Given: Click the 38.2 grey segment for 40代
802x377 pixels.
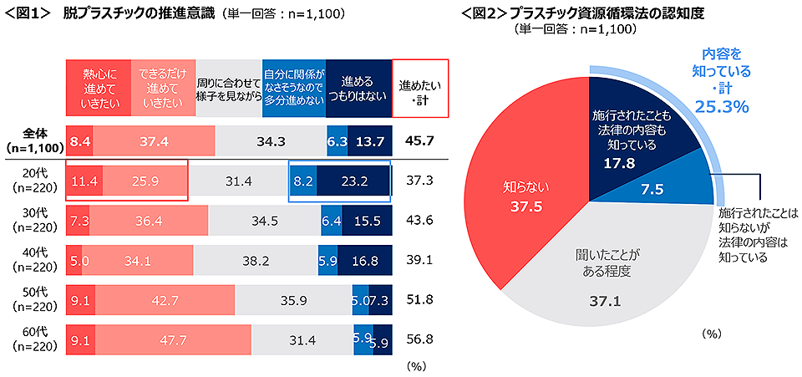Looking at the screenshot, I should coord(256,260).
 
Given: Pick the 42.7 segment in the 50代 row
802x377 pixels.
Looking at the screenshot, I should coord(165,299).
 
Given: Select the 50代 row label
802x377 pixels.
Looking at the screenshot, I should coord(33,299).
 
